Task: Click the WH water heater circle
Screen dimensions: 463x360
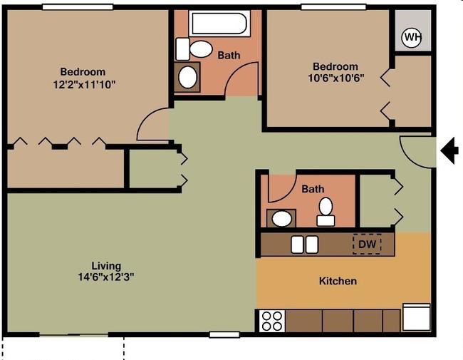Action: (x=411, y=37)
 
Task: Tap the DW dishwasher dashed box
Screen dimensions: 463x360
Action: (x=367, y=244)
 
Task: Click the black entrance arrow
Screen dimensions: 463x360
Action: (x=449, y=151)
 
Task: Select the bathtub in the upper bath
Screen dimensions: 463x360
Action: (x=219, y=23)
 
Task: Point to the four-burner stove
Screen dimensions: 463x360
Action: (x=272, y=321)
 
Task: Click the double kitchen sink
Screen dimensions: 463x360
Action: (x=304, y=245)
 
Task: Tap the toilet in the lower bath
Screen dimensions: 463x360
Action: (x=326, y=212)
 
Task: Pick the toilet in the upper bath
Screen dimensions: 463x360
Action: (x=194, y=49)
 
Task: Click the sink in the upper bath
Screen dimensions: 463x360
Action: (x=187, y=77)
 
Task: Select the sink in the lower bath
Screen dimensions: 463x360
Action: (x=281, y=218)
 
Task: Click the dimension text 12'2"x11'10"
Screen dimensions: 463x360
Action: (x=84, y=85)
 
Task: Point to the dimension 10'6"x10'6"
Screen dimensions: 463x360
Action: (x=336, y=78)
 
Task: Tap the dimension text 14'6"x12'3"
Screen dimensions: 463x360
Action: (x=106, y=277)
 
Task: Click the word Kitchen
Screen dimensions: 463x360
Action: (x=338, y=281)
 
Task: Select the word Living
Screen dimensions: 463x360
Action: (x=106, y=266)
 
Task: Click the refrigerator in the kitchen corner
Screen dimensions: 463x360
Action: (x=417, y=317)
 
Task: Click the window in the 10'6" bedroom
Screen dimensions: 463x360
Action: (x=333, y=7)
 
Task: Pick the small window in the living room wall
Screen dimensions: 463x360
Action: (x=224, y=334)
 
